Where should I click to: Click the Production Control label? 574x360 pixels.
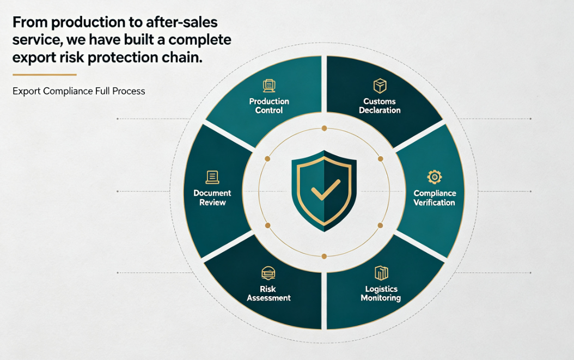coord(269,106)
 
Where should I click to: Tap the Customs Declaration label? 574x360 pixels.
coord(380,106)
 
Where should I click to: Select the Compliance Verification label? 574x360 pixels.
coord(435,198)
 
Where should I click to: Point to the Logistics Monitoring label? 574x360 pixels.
coord(381,294)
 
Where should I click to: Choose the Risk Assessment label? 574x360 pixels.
coord(268,294)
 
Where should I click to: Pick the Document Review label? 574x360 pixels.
coord(212,198)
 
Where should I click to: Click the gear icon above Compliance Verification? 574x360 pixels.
coord(435,177)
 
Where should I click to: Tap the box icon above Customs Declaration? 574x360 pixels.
coord(380,86)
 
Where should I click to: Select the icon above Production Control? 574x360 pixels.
coord(269,86)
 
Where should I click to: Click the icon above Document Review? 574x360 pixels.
coord(212,177)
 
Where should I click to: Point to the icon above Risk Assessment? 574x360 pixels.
coord(268,273)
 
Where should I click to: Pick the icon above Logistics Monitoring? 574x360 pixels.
coord(381,273)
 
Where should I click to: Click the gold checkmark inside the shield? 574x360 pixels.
coord(325,190)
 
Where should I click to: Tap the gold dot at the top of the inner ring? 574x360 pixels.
coord(324,128)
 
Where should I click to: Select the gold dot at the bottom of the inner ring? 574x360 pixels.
coord(324,257)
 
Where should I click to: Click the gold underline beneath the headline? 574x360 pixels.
coord(44,75)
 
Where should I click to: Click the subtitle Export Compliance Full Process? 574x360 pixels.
coord(79,91)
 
